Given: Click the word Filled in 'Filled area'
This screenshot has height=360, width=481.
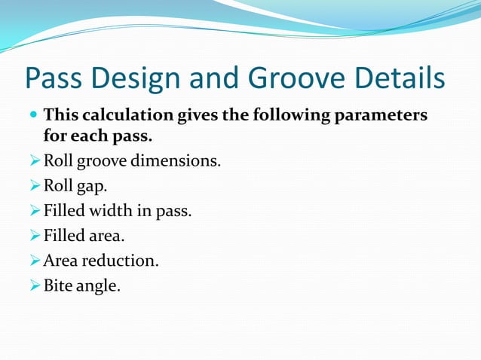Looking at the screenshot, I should click(64, 236).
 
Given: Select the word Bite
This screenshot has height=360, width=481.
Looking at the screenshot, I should click(59, 285).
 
